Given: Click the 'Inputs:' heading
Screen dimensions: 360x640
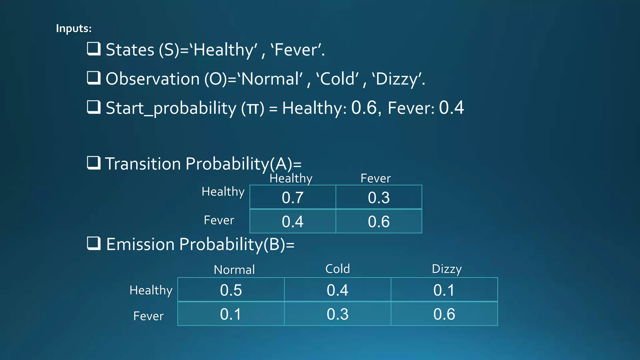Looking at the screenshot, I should point(74,28).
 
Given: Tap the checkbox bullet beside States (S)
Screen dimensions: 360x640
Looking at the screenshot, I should point(93,49).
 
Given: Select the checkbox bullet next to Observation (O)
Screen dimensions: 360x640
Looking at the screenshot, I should point(93,78).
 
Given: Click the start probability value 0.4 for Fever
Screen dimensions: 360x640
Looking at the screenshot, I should point(451,108).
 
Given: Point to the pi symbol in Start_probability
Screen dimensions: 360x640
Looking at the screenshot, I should point(252,109).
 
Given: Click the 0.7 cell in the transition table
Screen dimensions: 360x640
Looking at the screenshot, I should point(292,197).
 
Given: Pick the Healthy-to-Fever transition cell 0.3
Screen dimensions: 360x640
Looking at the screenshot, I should point(379,197).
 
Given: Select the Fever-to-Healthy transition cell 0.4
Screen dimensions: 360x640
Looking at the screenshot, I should point(292,222).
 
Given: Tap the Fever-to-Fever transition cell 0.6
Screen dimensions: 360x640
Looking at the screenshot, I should point(379,222).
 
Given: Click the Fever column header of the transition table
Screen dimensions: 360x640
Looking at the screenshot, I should point(376,178).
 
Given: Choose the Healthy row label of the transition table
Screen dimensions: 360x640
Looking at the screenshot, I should point(223,192).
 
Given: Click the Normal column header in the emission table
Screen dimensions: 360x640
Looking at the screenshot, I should point(234,270).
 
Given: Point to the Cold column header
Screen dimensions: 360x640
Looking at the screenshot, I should point(337,269).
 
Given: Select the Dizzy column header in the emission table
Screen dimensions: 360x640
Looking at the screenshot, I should point(447,269).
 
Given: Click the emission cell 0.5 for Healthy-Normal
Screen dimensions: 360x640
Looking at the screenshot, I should point(231,290).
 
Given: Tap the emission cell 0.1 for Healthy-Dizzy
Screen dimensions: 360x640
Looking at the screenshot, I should point(444,290).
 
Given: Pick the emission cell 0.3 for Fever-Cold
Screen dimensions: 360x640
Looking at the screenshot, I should point(337,314).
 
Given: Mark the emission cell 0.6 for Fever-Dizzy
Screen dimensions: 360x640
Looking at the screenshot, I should point(444,314).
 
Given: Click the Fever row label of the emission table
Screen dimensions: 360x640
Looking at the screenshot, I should point(148,316).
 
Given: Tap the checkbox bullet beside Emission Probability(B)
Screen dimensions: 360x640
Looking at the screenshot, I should point(93,243).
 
